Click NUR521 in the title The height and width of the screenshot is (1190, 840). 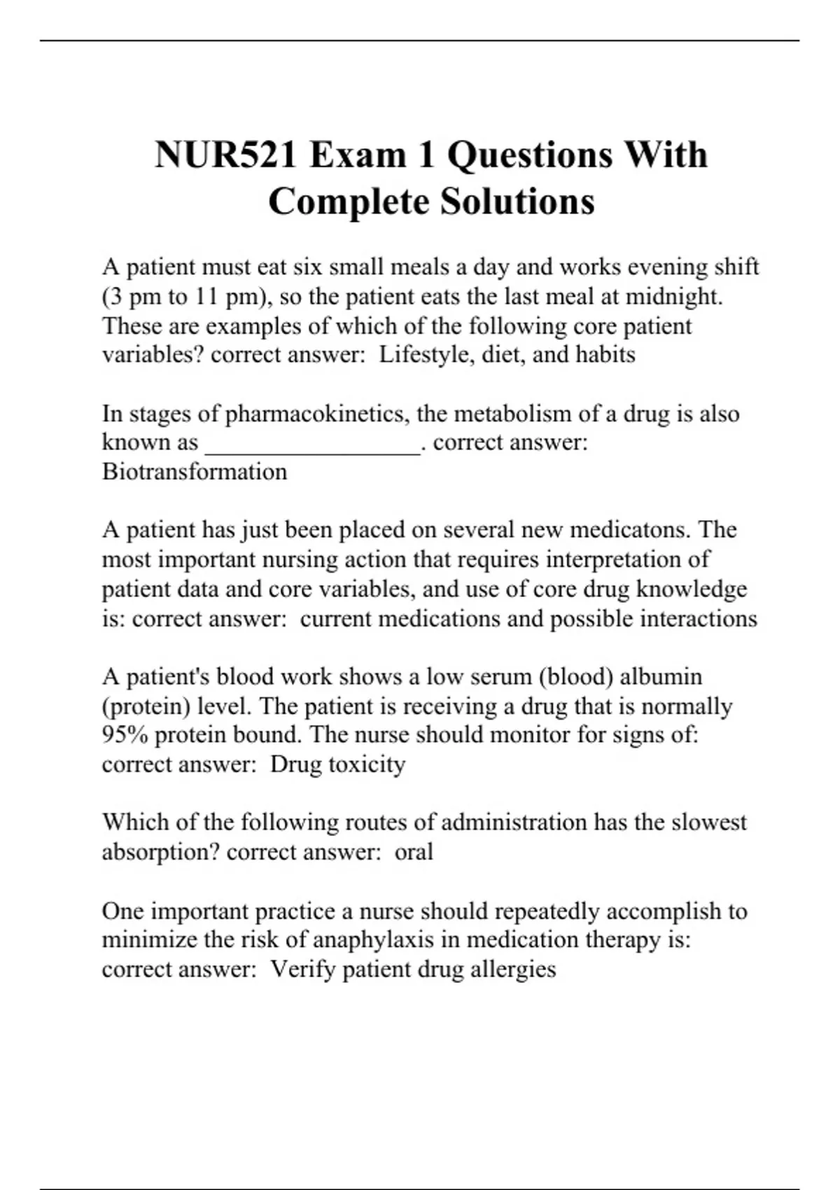225,155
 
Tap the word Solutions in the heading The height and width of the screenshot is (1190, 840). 517,202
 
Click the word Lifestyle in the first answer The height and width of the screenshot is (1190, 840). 418,355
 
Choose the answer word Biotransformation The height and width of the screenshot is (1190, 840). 195,472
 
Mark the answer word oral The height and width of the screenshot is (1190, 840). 414,852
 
